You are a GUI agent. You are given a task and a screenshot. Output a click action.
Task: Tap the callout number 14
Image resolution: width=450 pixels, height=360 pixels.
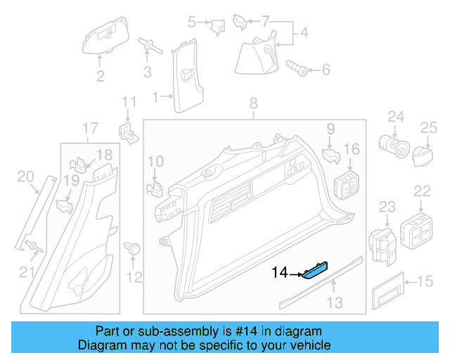pyautogui.click(x=280, y=272)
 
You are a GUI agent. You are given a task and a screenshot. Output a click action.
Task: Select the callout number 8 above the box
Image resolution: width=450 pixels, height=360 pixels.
pyautogui.click(x=254, y=105)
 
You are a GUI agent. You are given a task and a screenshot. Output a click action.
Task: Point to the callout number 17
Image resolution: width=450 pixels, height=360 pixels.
pyautogui.click(x=90, y=128)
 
